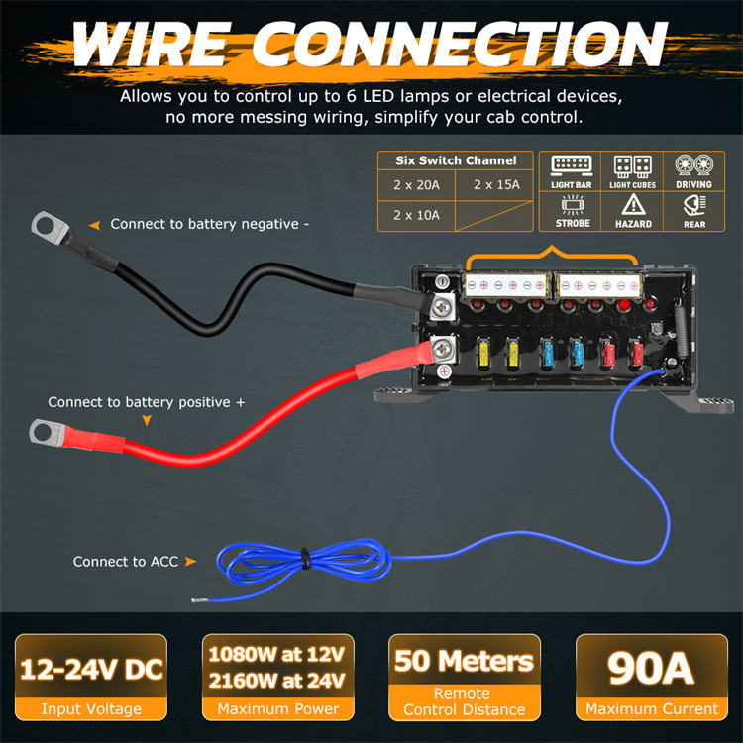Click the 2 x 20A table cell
click(417, 184)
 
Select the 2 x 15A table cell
click(495, 184)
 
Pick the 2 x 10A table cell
click(417, 215)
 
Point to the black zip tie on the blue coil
click(306, 560)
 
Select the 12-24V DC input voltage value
click(92, 669)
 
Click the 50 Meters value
click(465, 661)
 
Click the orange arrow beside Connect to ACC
click(190, 562)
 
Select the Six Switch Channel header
click(456, 160)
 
